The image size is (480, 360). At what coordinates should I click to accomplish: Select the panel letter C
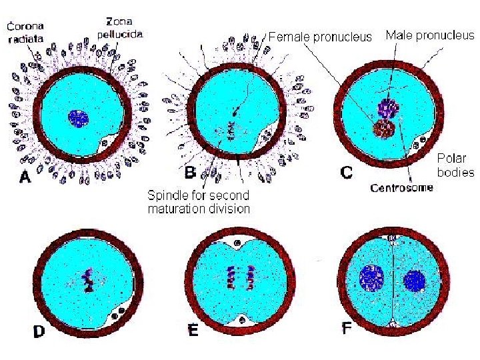click(x=347, y=173)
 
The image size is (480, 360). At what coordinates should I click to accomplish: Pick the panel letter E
click(x=193, y=330)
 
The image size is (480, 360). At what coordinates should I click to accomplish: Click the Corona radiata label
click(x=25, y=32)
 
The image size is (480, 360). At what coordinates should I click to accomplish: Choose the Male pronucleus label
click(x=430, y=35)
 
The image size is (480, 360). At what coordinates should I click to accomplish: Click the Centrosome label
click(x=401, y=188)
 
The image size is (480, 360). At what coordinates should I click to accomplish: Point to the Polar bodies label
click(x=455, y=165)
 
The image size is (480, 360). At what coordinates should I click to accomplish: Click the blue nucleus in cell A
click(x=78, y=119)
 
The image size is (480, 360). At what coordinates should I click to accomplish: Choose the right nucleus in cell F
click(x=415, y=281)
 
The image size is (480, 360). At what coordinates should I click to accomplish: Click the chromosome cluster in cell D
click(x=87, y=280)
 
